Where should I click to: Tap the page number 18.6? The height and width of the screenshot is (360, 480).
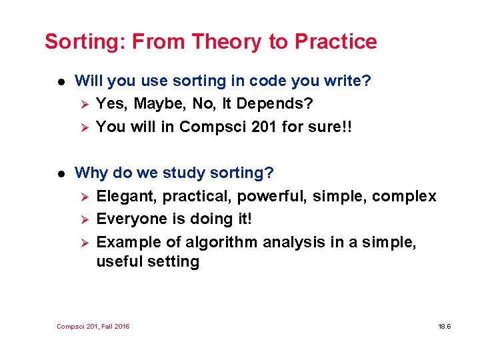point(445,326)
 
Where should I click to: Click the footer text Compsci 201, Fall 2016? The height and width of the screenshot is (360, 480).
point(93,326)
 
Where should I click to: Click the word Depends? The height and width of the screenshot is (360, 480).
point(276,104)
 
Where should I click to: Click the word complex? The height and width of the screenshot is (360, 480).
point(404,196)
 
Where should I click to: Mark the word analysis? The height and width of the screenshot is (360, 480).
point(294,241)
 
